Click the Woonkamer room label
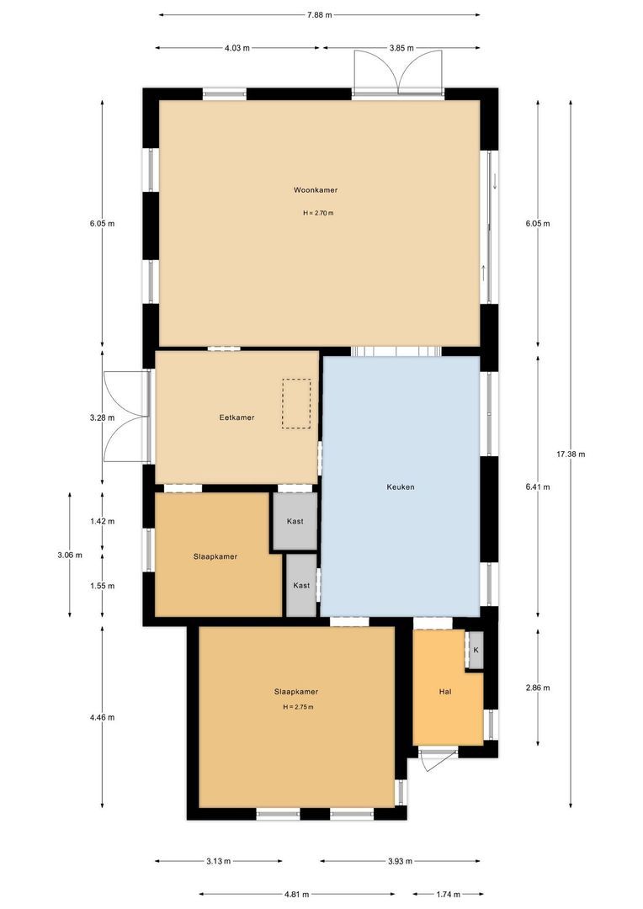(x=316, y=190)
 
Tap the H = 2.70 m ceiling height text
(x=318, y=213)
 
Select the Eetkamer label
(x=236, y=417)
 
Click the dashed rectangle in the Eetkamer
(x=296, y=404)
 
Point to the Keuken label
(x=401, y=486)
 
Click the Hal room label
(x=446, y=691)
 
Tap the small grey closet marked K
(x=476, y=651)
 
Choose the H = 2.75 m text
(x=298, y=707)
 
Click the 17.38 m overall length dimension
(x=571, y=454)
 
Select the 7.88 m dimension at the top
(x=319, y=14)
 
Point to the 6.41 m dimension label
(x=537, y=486)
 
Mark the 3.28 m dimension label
(x=102, y=417)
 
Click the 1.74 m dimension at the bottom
(x=446, y=894)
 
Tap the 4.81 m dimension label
(x=296, y=894)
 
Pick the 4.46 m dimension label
(x=102, y=717)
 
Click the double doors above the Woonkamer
(x=397, y=71)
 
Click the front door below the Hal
(x=434, y=759)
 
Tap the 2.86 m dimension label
(x=537, y=688)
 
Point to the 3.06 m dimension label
(x=70, y=555)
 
